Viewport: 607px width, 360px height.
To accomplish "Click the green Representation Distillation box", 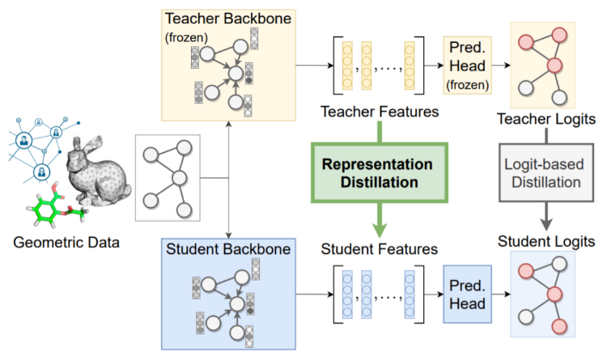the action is (380, 172).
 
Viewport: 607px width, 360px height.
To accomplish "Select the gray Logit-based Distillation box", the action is (546, 172).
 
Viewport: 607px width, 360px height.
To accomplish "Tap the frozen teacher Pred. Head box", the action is (467, 66).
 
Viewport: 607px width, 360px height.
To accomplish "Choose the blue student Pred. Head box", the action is (467, 294).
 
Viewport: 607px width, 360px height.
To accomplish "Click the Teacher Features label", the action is (380, 112).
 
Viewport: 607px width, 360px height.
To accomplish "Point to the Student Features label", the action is (380, 249).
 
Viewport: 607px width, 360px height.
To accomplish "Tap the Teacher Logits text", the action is (546, 119).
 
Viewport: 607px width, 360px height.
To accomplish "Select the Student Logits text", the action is (546, 242).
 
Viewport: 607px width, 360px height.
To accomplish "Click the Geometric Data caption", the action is (66, 243).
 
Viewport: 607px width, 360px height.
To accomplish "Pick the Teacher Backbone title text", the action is (228, 19).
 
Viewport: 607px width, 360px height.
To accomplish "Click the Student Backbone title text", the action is (228, 249).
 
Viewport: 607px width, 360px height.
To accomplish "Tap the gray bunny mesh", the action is (99, 170).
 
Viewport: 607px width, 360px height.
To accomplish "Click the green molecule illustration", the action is (57, 205).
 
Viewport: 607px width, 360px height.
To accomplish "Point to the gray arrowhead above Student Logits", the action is (546, 225).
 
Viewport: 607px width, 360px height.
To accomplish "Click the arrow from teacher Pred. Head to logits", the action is (501, 66).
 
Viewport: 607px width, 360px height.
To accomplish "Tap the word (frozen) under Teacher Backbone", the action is (186, 37).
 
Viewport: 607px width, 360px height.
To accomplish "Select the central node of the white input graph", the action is (180, 179).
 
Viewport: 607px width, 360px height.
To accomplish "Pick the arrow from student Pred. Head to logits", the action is (501, 294).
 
